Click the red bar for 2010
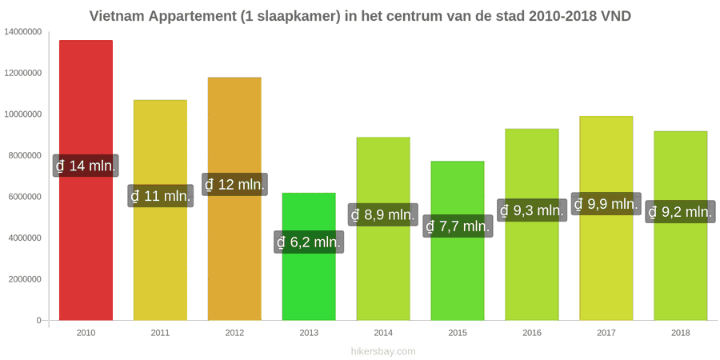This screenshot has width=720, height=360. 86,180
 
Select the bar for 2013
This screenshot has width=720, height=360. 309,256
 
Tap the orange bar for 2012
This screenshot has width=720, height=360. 234,199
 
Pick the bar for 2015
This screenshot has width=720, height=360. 458,241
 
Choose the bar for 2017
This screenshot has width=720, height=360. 606,218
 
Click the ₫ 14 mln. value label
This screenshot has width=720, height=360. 86,166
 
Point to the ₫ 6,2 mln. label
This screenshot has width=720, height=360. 309,242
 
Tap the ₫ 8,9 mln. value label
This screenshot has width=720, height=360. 383,214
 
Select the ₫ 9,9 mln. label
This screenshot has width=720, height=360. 606,204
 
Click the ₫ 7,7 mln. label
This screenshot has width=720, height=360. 458,226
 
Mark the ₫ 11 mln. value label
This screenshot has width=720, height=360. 160,196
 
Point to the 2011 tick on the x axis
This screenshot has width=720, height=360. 160,333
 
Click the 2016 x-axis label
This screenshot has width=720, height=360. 532,333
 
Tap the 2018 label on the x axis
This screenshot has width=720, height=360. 681,333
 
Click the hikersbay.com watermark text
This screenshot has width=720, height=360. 383,351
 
